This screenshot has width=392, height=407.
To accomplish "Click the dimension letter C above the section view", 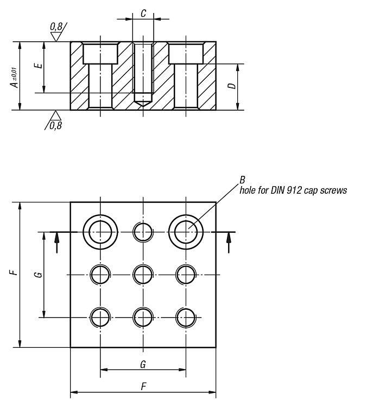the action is click(143, 14).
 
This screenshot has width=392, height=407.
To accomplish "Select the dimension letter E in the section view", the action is click(39, 65).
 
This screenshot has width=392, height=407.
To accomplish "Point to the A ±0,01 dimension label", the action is click(15, 78).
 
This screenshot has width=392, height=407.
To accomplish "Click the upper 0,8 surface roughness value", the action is click(56, 27).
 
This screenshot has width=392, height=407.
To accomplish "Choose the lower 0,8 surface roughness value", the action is click(56, 126).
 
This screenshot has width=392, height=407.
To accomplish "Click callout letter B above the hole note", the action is click(242, 180).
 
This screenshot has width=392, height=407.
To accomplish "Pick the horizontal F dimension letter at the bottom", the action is click(143, 386).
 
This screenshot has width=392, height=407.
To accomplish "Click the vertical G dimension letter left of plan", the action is click(39, 275).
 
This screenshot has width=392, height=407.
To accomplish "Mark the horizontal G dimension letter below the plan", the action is click(143, 365).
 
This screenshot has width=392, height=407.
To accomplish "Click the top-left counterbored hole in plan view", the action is click(83, 232).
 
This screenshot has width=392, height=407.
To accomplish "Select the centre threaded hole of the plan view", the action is click(133, 275).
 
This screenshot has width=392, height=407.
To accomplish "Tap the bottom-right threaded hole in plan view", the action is click(176, 317).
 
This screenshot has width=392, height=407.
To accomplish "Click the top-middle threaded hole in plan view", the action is click(133, 232).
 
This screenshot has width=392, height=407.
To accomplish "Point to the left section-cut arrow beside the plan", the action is click(56, 243).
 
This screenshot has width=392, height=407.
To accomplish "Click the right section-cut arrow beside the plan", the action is click(229, 243).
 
